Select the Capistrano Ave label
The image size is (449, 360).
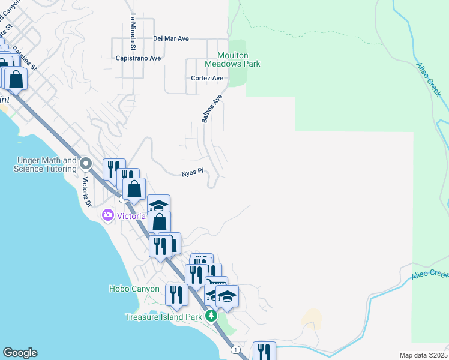click(139, 58)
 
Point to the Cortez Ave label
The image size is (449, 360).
click(207, 78)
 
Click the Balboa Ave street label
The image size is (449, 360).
click(212, 108)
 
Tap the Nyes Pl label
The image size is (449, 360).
click(193, 173)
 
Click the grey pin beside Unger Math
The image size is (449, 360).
click(85, 163)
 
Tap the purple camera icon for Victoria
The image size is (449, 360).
click(108, 215)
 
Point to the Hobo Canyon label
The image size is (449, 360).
click(134, 289)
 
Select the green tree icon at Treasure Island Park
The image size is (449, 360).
click(211, 316)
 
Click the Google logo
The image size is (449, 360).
click(20, 353)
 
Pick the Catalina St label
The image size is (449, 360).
click(25, 59)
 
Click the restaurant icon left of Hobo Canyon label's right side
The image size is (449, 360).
click(175, 294)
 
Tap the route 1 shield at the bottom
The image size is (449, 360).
click(235, 349)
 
